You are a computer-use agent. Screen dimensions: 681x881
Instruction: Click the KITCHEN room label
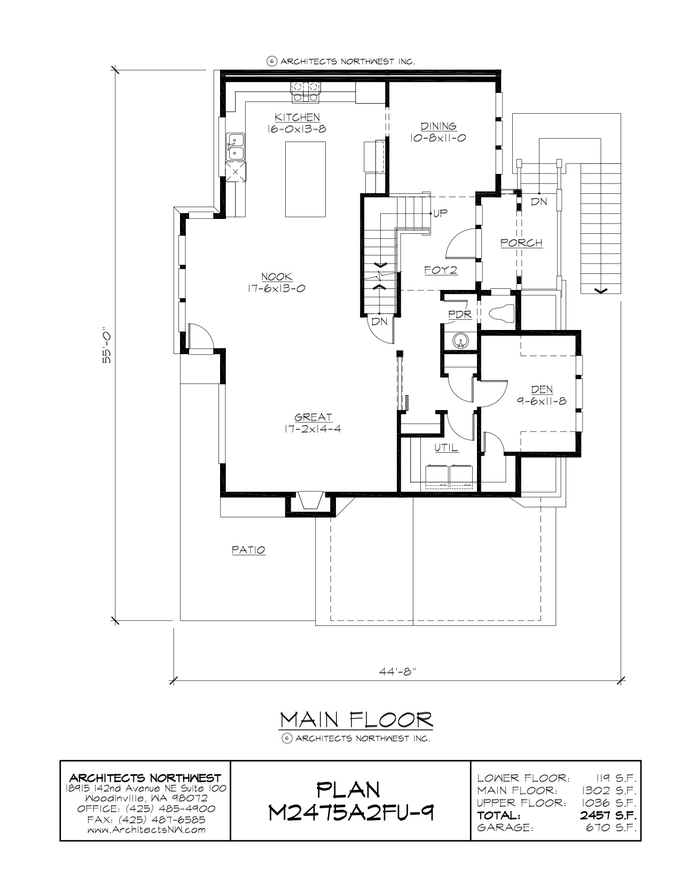298,117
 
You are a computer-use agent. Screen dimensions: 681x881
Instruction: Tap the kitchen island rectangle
305,179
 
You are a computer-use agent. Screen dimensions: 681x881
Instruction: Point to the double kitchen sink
235,147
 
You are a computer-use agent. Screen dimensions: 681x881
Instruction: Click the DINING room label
438,127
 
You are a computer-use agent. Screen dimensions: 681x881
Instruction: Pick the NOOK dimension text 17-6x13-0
276,289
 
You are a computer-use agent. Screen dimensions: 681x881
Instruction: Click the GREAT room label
313,417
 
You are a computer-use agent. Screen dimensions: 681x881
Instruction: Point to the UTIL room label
446,448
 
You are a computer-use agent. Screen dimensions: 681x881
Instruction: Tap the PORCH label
521,243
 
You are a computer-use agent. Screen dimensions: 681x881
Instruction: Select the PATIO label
249,550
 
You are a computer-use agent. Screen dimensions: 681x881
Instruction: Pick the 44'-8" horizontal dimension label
398,671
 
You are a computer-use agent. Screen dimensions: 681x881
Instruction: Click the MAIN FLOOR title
356,720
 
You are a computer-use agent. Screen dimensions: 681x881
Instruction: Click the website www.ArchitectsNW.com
146,830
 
